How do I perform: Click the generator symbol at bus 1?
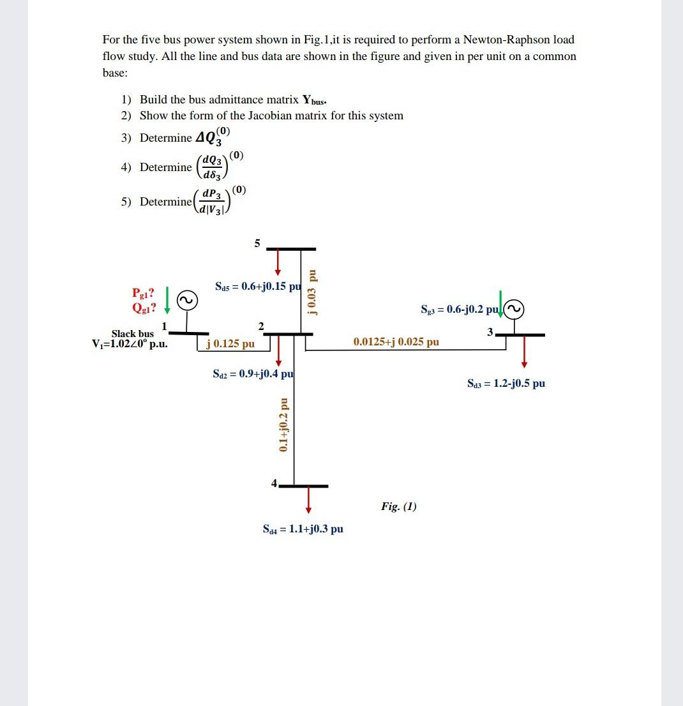(x=187, y=301)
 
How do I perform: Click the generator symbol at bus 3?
(x=515, y=309)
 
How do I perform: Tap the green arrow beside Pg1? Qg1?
(x=167, y=300)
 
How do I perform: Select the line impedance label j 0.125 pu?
(x=230, y=344)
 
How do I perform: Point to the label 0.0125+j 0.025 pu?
(x=396, y=342)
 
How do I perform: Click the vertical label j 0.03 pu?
(x=311, y=292)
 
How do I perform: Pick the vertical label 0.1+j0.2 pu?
(x=283, y=425)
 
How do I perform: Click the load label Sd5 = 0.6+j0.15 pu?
(x=258, y=286)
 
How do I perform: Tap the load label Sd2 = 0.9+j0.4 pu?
(x=253, y=373)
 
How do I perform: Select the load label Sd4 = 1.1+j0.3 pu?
(x=303, y=529)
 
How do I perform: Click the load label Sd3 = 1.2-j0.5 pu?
(x=506, y=384)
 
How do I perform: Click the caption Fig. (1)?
(x=399, y=507)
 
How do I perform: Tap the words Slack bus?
(x=133, y=333)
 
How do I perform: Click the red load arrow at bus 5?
(x=278, y=262)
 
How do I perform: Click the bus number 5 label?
(x=257, y=243)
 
